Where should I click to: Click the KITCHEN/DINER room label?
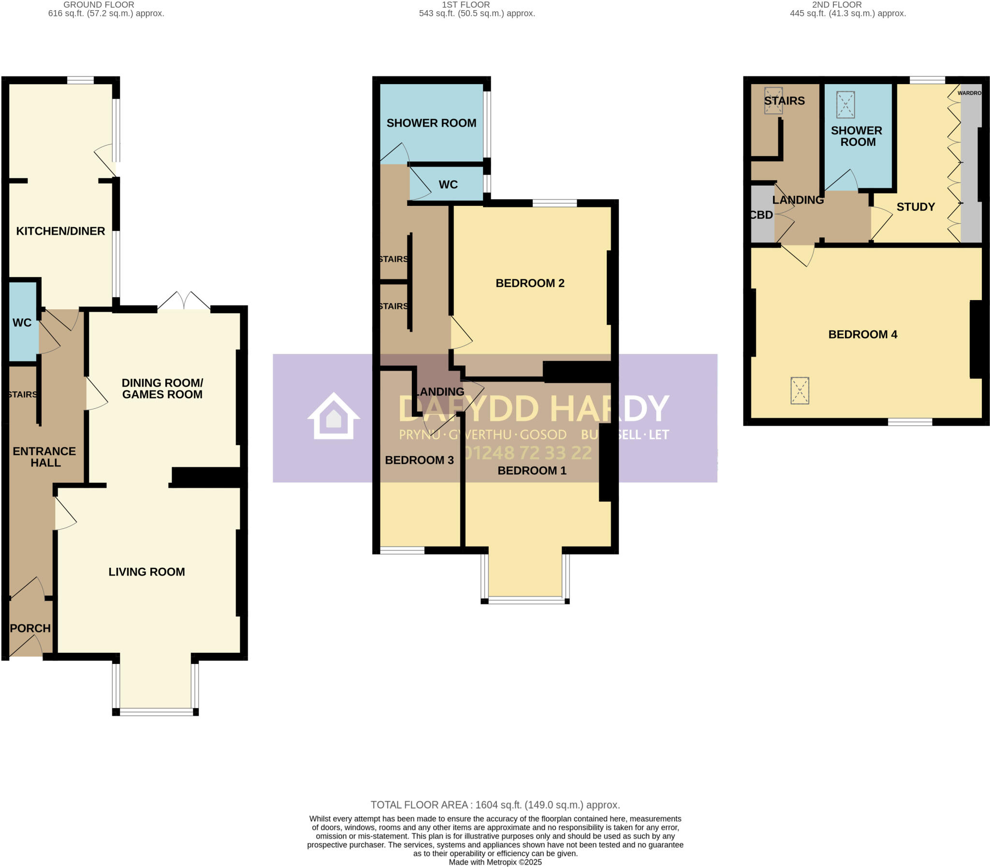point(60,231)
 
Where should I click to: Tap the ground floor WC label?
point(22,323)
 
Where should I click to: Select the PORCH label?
point(30,628)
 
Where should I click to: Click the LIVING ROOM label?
point(146,572)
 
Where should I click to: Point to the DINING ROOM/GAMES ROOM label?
point(162,389)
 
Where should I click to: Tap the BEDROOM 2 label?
point(530,283)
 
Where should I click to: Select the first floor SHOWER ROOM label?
point(431,123)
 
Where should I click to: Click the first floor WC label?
point(448,184)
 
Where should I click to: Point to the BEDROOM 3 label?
point(419,460)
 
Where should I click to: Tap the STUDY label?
point(916,207)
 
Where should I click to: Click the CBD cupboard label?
point(761,215)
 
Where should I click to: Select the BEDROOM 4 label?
point(863,334)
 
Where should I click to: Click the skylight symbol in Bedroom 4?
point(800,390)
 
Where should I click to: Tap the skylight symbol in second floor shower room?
point(845,104)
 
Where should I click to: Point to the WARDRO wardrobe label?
point(969,93)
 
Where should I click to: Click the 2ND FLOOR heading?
point(837,5)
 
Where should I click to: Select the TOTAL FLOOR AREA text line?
point(495,805)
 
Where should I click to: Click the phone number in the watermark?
point(527,453)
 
